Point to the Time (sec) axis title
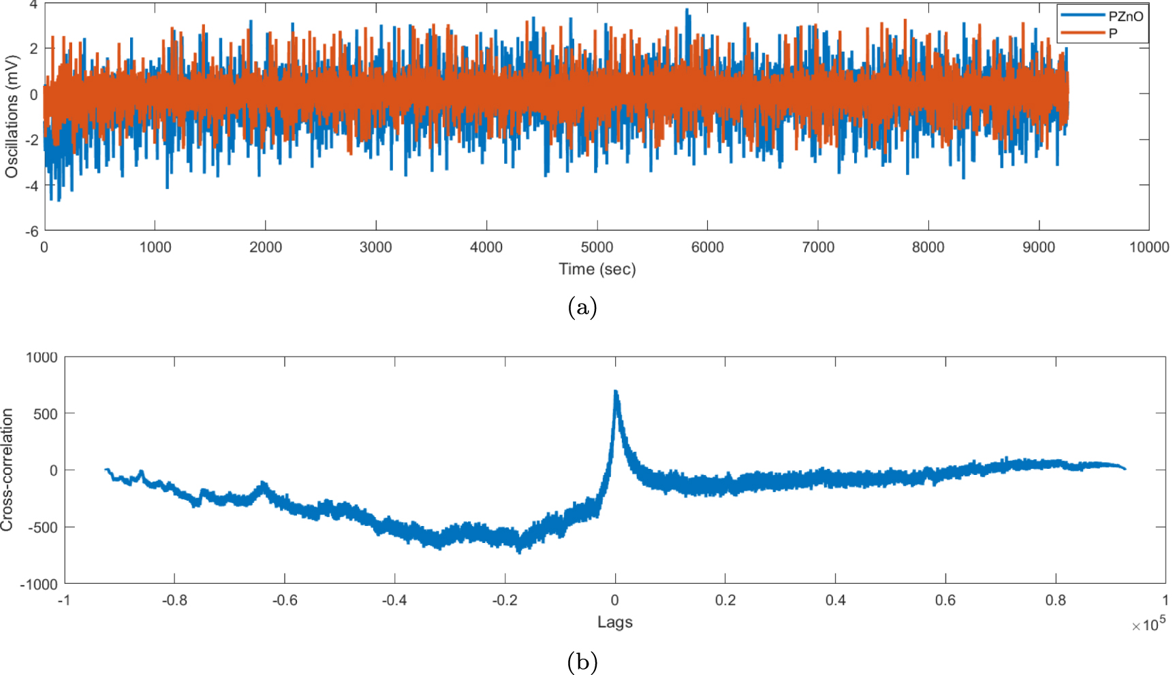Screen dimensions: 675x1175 pos(597,269)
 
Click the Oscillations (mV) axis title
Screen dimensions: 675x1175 pos(12,116)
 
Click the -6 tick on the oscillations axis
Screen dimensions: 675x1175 pos(31,231)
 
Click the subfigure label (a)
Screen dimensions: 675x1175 pos(582,308)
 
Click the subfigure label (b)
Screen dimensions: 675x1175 pos(582,661)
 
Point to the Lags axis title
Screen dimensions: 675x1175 pos(614,622)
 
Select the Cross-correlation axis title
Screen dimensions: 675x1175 pos(7,470)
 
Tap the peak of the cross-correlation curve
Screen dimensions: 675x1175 pos(616,392)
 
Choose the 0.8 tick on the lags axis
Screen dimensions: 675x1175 pos(1055,600)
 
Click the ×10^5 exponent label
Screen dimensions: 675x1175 pos(1148,624)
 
